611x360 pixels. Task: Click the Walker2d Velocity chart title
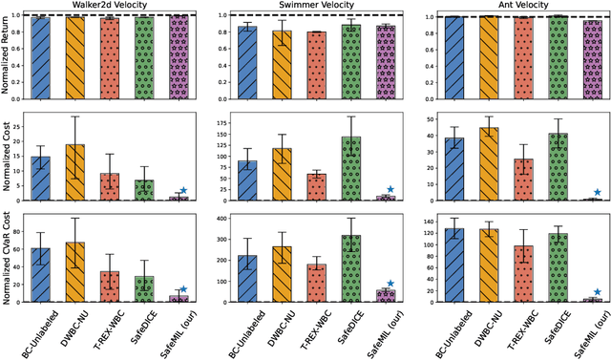click(x=114, y=7)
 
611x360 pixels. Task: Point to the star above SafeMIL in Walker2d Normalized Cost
click(x=182, y=190)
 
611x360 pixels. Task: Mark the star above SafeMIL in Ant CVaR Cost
click(x=599, y=292)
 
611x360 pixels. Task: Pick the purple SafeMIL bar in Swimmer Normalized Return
click(x=386, y=62)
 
